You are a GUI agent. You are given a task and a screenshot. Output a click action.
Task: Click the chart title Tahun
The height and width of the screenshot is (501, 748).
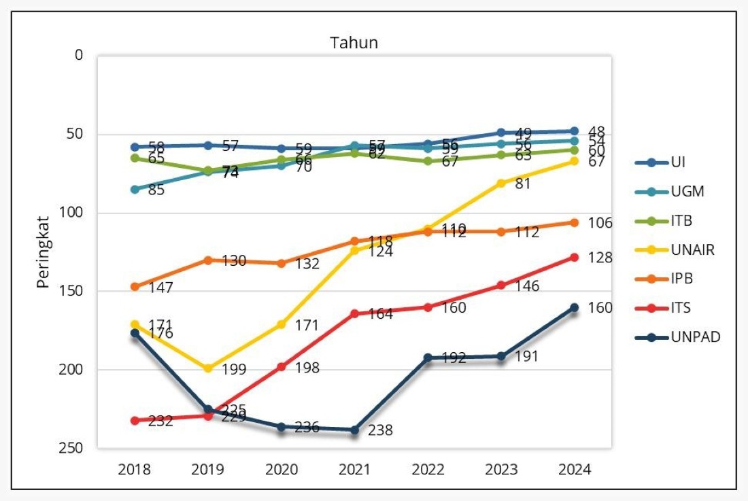354,43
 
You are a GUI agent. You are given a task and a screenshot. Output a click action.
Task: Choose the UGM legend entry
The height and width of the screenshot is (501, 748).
686,192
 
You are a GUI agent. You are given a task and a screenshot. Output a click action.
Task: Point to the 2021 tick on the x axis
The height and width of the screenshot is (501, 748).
354,470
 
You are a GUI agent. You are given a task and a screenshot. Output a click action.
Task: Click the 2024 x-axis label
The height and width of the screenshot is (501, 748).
574,470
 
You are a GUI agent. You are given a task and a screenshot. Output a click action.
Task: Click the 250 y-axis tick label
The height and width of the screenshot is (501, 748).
73,448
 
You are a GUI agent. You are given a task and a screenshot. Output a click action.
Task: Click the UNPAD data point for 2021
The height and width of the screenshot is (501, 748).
354,430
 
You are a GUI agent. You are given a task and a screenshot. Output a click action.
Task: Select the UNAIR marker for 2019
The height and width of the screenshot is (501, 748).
208,368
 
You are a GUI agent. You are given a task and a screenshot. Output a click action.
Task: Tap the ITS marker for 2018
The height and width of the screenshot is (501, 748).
135,421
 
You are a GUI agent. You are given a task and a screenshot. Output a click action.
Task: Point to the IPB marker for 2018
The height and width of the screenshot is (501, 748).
135,287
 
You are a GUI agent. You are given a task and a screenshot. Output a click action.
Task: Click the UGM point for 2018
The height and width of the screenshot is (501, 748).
135,189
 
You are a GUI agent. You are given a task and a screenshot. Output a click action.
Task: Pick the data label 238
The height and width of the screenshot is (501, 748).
380,431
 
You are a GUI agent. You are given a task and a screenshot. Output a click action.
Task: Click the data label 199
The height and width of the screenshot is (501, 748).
233,370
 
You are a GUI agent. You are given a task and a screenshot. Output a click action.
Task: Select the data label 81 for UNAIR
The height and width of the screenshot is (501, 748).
522,184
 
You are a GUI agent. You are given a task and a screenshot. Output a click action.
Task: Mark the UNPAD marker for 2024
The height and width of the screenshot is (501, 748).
574,307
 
